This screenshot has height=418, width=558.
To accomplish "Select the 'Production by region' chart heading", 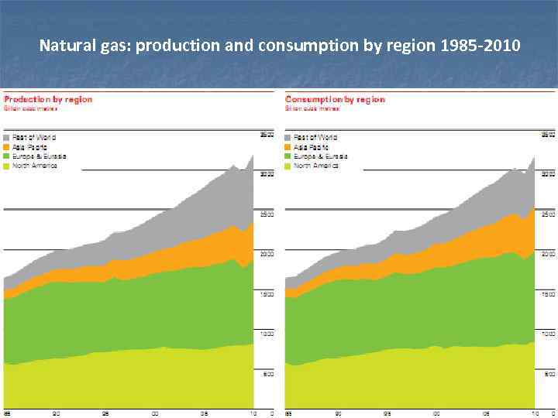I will [x=48, y=99].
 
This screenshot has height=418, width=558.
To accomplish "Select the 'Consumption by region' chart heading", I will [x=335, y=99].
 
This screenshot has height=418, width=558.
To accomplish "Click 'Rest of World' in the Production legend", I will [x=34, y=137].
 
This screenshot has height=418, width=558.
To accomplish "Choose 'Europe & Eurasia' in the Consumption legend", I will [x=320, y=156].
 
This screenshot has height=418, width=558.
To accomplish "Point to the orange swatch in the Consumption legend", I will [x=289, y=146].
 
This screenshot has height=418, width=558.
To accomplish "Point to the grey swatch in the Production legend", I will [x=8, y=137].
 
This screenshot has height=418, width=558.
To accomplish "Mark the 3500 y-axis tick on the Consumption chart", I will [x=547, y=135].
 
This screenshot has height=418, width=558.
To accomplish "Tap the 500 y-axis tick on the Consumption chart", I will [x=549, y=375].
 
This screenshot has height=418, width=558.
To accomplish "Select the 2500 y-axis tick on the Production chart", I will [x=266, y=214].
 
